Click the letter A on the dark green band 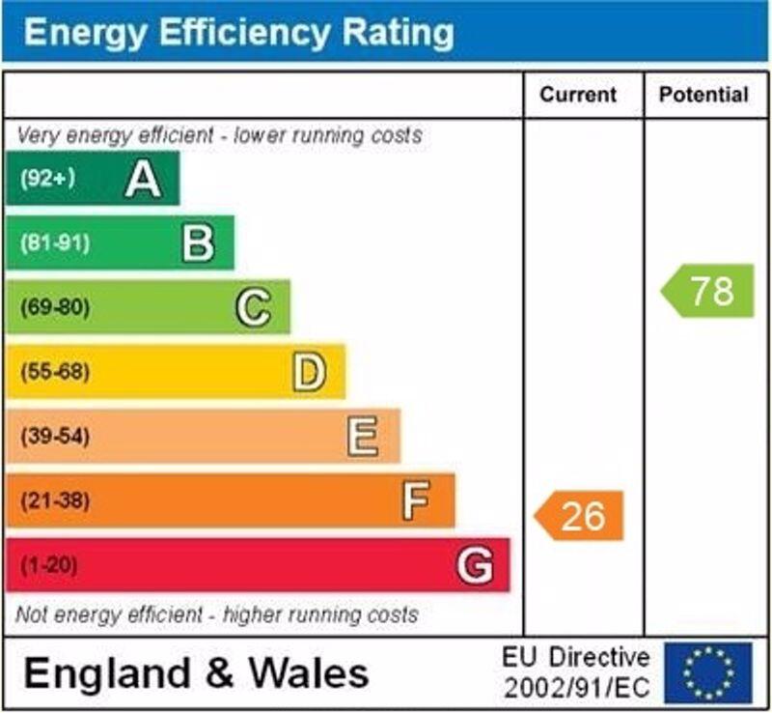click(143, 179)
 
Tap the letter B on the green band click(198, 242)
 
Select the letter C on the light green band click(253, 307)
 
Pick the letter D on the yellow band click(309, 372)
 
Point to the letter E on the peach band click(363, 437)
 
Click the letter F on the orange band click(416, 500)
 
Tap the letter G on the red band click(475, 565)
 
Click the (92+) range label click(47, 179)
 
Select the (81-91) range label click(54, 242)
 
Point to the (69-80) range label click(54, 307)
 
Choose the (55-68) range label click(54, 372)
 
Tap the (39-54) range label click(54, 437)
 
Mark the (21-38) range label click(54, 500)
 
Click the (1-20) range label click(49, 565)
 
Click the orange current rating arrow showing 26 click(580, 516)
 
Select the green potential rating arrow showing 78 click(708, 291)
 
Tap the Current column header click(577, 95)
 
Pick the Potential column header click(703, 95)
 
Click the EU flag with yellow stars click(707, 672)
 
